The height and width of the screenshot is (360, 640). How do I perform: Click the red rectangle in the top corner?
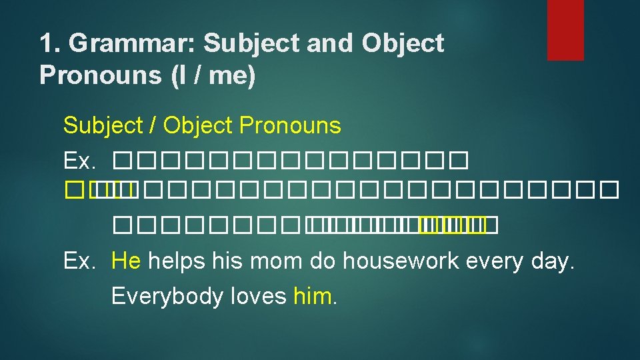tap(565, 30)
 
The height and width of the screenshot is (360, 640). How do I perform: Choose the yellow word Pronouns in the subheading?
tap(290, 125)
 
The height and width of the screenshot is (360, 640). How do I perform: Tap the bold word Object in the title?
tap(403, 44)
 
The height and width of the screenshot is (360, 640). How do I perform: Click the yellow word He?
tap(126, 260)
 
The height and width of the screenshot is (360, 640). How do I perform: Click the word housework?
tap(408, 260)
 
